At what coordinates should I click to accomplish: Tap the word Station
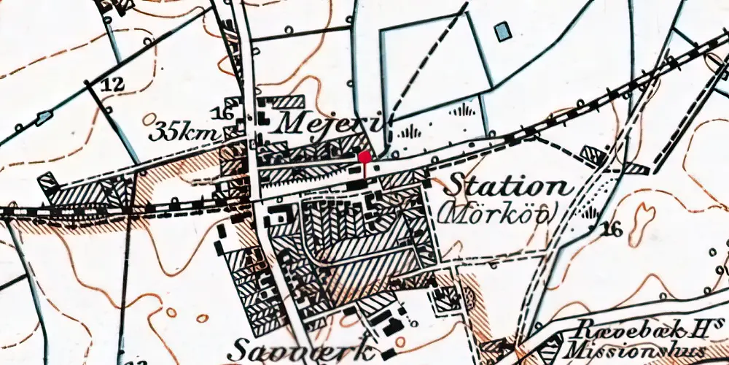click(507, 185)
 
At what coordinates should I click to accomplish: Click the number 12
click(113, 85)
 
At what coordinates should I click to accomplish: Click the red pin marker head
click(364, 155)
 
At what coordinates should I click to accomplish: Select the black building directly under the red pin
click(357, 185)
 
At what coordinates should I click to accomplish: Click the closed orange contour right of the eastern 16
click(644, 216)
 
